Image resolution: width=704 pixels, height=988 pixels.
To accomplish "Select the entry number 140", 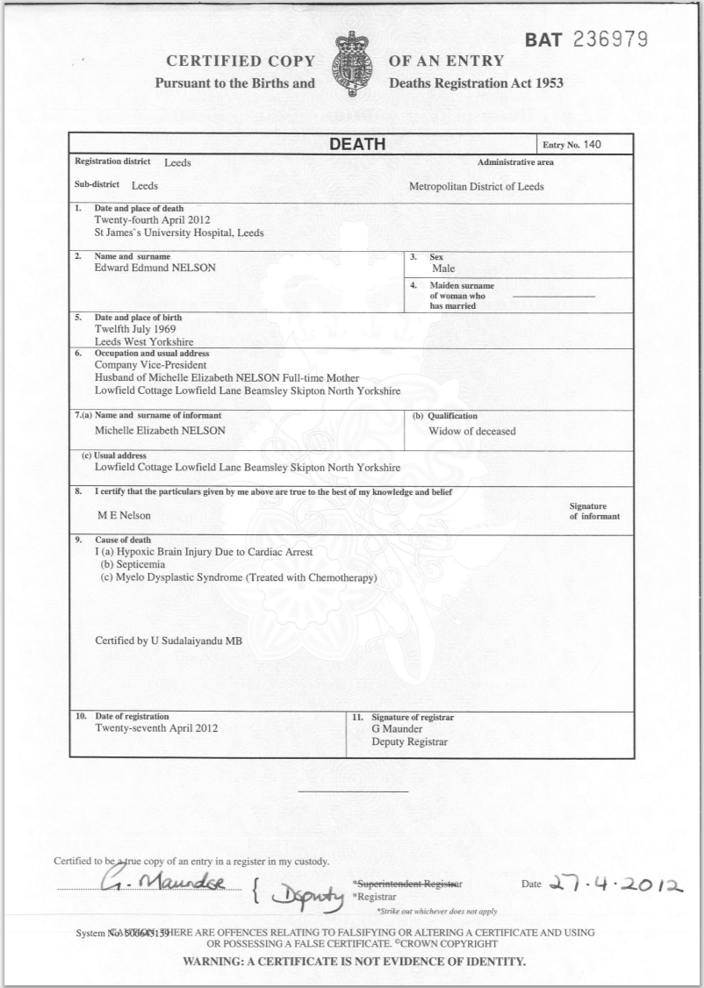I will [x=594, y=145].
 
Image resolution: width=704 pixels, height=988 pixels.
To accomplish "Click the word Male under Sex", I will [x=443, y=269].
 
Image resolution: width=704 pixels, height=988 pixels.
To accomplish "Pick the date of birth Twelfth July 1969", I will [x=134, y=328].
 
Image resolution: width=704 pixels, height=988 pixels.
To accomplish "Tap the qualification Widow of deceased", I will [x=472, y=431].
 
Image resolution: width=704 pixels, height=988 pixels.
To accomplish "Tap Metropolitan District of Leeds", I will [x=477, y=186].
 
